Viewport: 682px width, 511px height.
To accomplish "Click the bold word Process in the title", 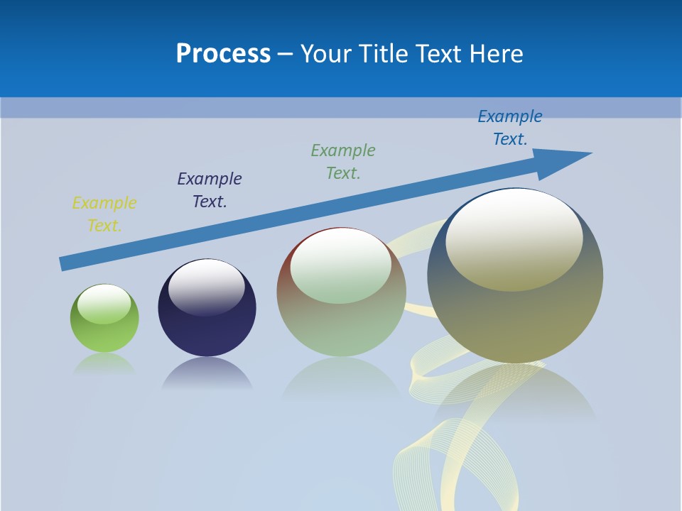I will pos(223,54).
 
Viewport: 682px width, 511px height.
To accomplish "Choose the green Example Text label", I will pos(343,162).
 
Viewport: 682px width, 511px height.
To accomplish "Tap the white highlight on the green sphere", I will pos(104,304).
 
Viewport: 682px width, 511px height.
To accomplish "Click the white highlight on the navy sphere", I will pos(206,285).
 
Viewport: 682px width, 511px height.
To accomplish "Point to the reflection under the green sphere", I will pos(104,365).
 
